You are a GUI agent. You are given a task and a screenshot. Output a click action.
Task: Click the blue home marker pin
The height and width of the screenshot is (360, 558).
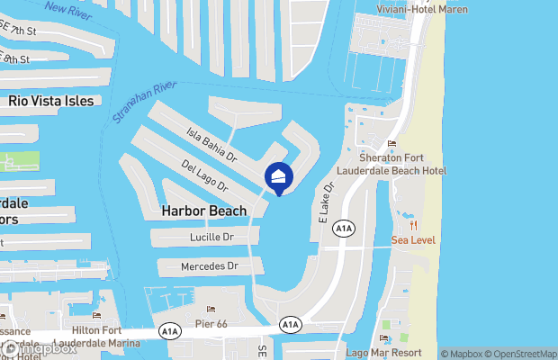pyautogui.click(x=278, y=177)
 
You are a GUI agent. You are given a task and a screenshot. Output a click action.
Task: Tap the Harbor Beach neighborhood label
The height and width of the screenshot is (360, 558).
pyautogui.click(x=203, y=211)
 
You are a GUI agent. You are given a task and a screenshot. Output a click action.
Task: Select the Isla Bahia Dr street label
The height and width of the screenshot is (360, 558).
pyautogui.click(x=211, y=144)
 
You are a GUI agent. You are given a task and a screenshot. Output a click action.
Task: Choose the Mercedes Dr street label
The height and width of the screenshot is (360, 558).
pyautogui.click(x=209, y=266)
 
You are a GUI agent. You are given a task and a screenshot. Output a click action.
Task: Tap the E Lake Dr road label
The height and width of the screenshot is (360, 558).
pyautogui.click(x=327, y=203)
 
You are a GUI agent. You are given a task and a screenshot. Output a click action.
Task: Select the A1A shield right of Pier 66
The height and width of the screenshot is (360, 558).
pyautogui.click(x=290, y=324)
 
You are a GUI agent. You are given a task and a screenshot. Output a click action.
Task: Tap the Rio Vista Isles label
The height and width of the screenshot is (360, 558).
pyautogui.click(x=50, y=101)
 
